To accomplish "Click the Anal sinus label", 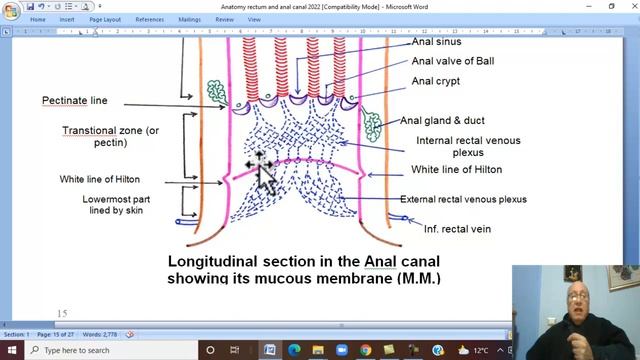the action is (438, 42).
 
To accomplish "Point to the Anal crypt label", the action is (436, 81).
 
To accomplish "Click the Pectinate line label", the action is (75, 101).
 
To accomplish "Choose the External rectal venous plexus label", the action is (463, 199).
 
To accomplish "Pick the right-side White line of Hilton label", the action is (457, 169).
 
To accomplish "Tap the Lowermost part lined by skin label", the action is (119, 205).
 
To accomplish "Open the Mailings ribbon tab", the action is (189, 19).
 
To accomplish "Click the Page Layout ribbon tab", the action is (105, 19).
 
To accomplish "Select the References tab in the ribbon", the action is (149, 19).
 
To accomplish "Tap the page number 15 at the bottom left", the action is (62, 314).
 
